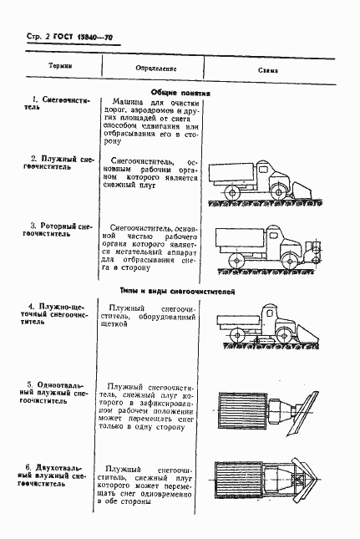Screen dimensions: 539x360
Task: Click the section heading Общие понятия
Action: [179, 94]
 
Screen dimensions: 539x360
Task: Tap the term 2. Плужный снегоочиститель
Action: [55, 161]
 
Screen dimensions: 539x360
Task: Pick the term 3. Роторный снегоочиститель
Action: [55, 231]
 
